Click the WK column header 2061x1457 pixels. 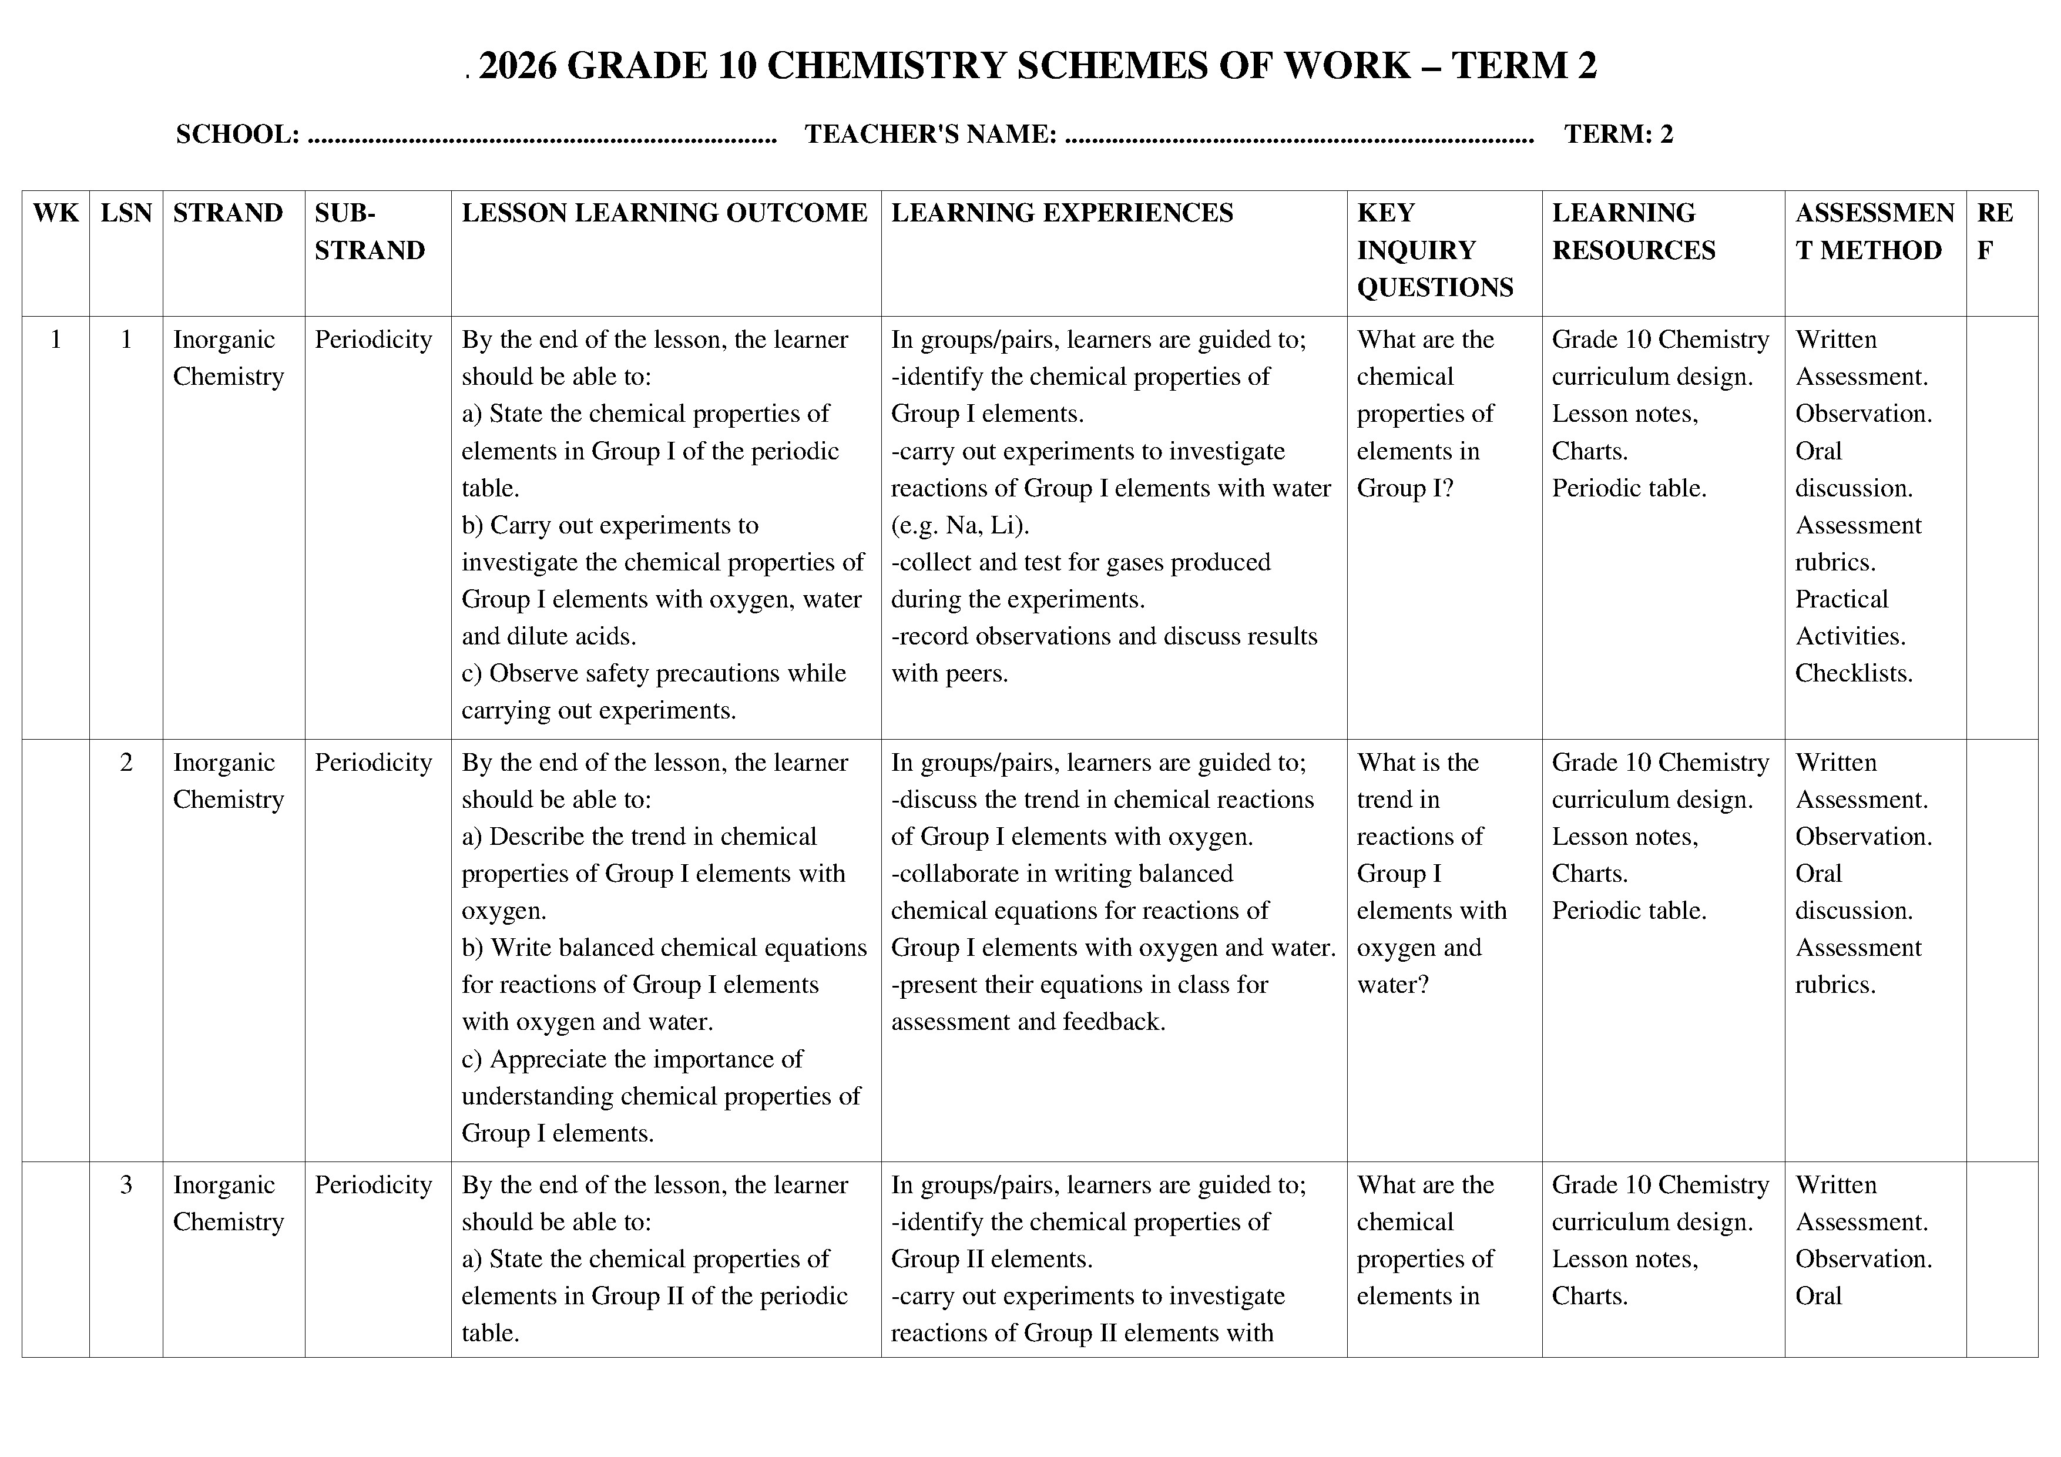[x=56, y=214]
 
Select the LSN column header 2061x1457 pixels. [x=126, y=214]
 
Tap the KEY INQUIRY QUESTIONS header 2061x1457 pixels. [x=1435, y=250]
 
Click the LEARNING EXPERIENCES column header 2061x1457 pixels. [x=1062, y=214]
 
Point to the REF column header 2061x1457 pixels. [x=1995, y=231]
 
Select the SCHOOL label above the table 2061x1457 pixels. [x=237, y=135]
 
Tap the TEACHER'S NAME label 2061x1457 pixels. [x=930, y=135]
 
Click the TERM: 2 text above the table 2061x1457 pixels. [x=1619, y=135]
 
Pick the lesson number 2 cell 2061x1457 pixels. [x=126, y=763]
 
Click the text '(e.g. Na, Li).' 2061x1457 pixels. [x=959, y=525]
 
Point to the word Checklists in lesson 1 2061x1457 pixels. [x=1854, y=673]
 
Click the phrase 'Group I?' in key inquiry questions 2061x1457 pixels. [x=1405, y=488]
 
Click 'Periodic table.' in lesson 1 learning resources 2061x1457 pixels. [x=1629, y=488]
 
